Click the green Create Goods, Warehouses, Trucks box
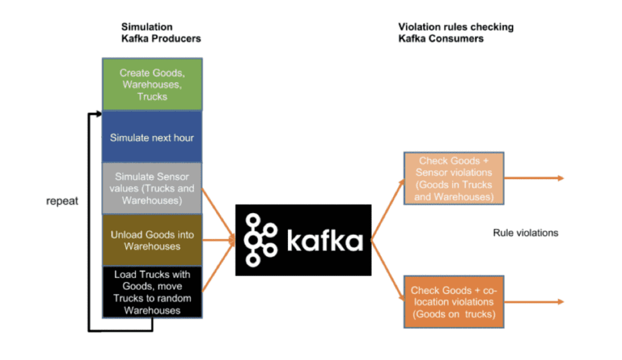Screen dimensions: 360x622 tap(152, 84)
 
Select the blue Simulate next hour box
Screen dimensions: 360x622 tap(152, 137)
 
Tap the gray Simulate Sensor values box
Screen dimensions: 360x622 tap(152, 188)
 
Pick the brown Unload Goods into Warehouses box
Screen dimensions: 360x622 tap(152, 240)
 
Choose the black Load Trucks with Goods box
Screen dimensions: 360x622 tap(152, 292)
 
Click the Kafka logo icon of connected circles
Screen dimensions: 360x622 tap(260, 240)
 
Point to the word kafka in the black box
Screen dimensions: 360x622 tap(324, 241)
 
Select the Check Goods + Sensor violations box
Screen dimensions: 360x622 tap(454, 178)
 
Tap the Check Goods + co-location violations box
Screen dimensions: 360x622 tap(454, 302)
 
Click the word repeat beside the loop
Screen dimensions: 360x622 tap(62, 201)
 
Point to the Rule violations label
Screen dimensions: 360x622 tap(525, 233)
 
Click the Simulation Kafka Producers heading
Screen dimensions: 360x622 tap(160, 32)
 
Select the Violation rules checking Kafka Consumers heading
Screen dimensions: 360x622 tap(456, 32)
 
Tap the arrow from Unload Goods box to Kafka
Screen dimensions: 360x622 tap(219, 240)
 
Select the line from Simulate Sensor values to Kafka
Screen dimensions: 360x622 tap(217, 212)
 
